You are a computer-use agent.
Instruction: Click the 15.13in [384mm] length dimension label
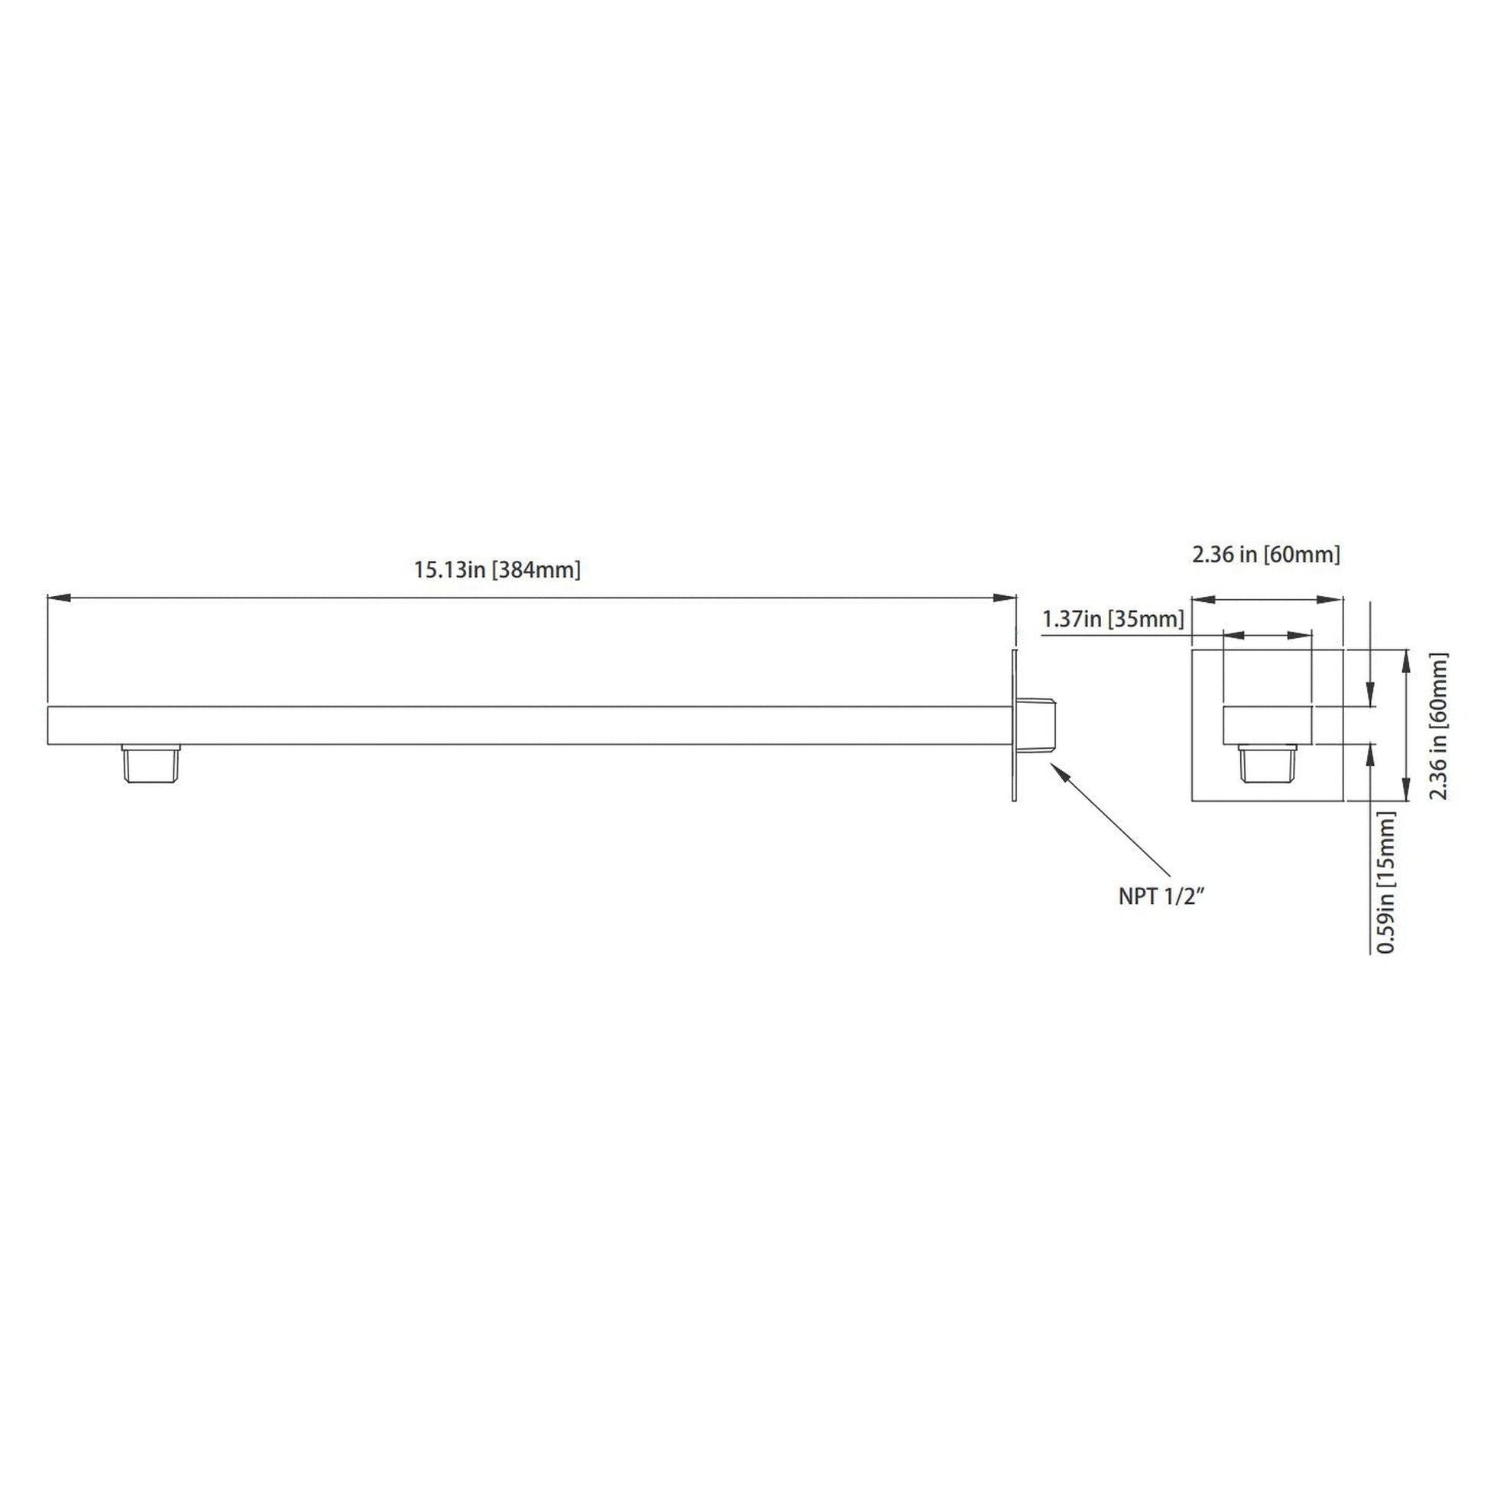coord(497,570)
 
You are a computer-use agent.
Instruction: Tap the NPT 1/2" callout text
coord(1161,896)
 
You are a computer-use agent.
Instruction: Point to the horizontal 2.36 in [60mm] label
coord(1266,554)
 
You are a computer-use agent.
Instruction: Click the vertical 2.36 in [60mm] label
coord(1439,727)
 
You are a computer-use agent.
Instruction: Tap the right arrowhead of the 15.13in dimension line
coord(1006,598)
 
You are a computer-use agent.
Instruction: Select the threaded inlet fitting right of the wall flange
coord(1039,725)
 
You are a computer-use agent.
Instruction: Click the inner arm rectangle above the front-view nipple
coord(1267,725)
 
